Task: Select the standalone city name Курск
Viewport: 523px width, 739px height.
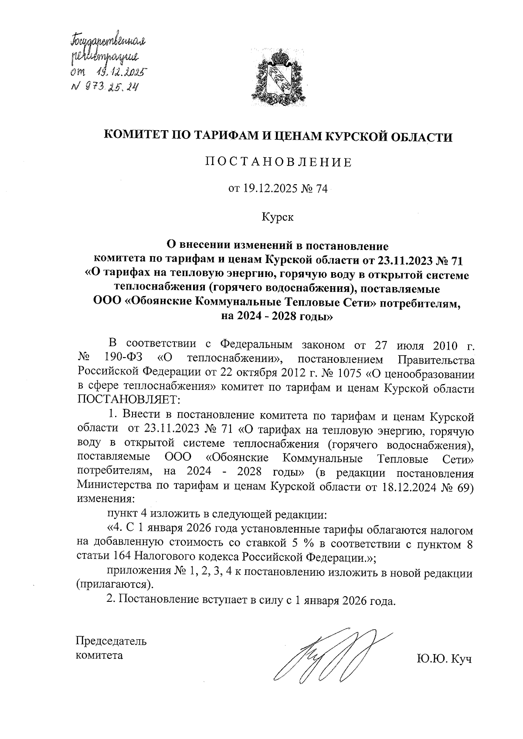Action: tap(278, 217)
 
